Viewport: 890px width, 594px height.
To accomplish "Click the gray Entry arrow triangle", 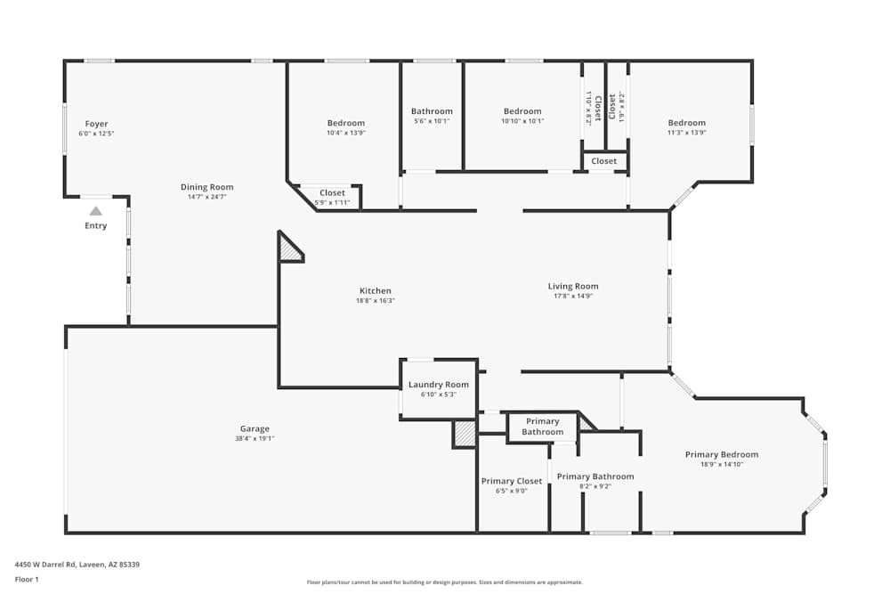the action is coord(96,211).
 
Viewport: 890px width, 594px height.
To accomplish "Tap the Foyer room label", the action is coord(96,124).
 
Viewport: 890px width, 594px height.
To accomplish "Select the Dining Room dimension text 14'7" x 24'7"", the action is coord(207,197).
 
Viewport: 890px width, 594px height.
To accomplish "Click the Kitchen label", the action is coord(376,290).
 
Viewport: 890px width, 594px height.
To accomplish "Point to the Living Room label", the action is coord(573,286).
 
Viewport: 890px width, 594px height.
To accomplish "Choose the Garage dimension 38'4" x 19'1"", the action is coord(255,438).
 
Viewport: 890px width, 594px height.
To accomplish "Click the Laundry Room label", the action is coord(439,385).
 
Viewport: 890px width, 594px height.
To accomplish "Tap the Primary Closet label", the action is coord(512,481).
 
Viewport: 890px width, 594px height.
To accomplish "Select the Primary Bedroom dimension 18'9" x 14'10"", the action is coord(722,464).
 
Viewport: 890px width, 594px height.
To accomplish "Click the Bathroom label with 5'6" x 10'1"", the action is coord(432,111).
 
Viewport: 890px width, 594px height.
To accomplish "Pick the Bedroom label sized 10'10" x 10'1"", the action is coord(522,111).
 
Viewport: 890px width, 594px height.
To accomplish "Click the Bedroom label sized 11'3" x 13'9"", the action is coord(687,123).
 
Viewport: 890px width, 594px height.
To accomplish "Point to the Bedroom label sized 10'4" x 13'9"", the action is coord(346,123).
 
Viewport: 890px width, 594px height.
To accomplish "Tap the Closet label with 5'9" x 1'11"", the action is coord(332,193).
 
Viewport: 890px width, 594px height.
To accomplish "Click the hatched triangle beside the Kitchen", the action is coord(289,248).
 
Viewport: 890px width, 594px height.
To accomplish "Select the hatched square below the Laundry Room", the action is coord(465,435).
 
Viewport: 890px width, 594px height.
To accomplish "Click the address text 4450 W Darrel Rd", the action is coord(45,565).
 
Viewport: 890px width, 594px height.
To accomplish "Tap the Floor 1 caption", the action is coord(27,579).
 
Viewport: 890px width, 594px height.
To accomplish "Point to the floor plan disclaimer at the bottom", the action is coord(444,582).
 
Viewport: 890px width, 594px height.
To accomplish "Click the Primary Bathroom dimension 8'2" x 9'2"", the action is coord(595,486).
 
